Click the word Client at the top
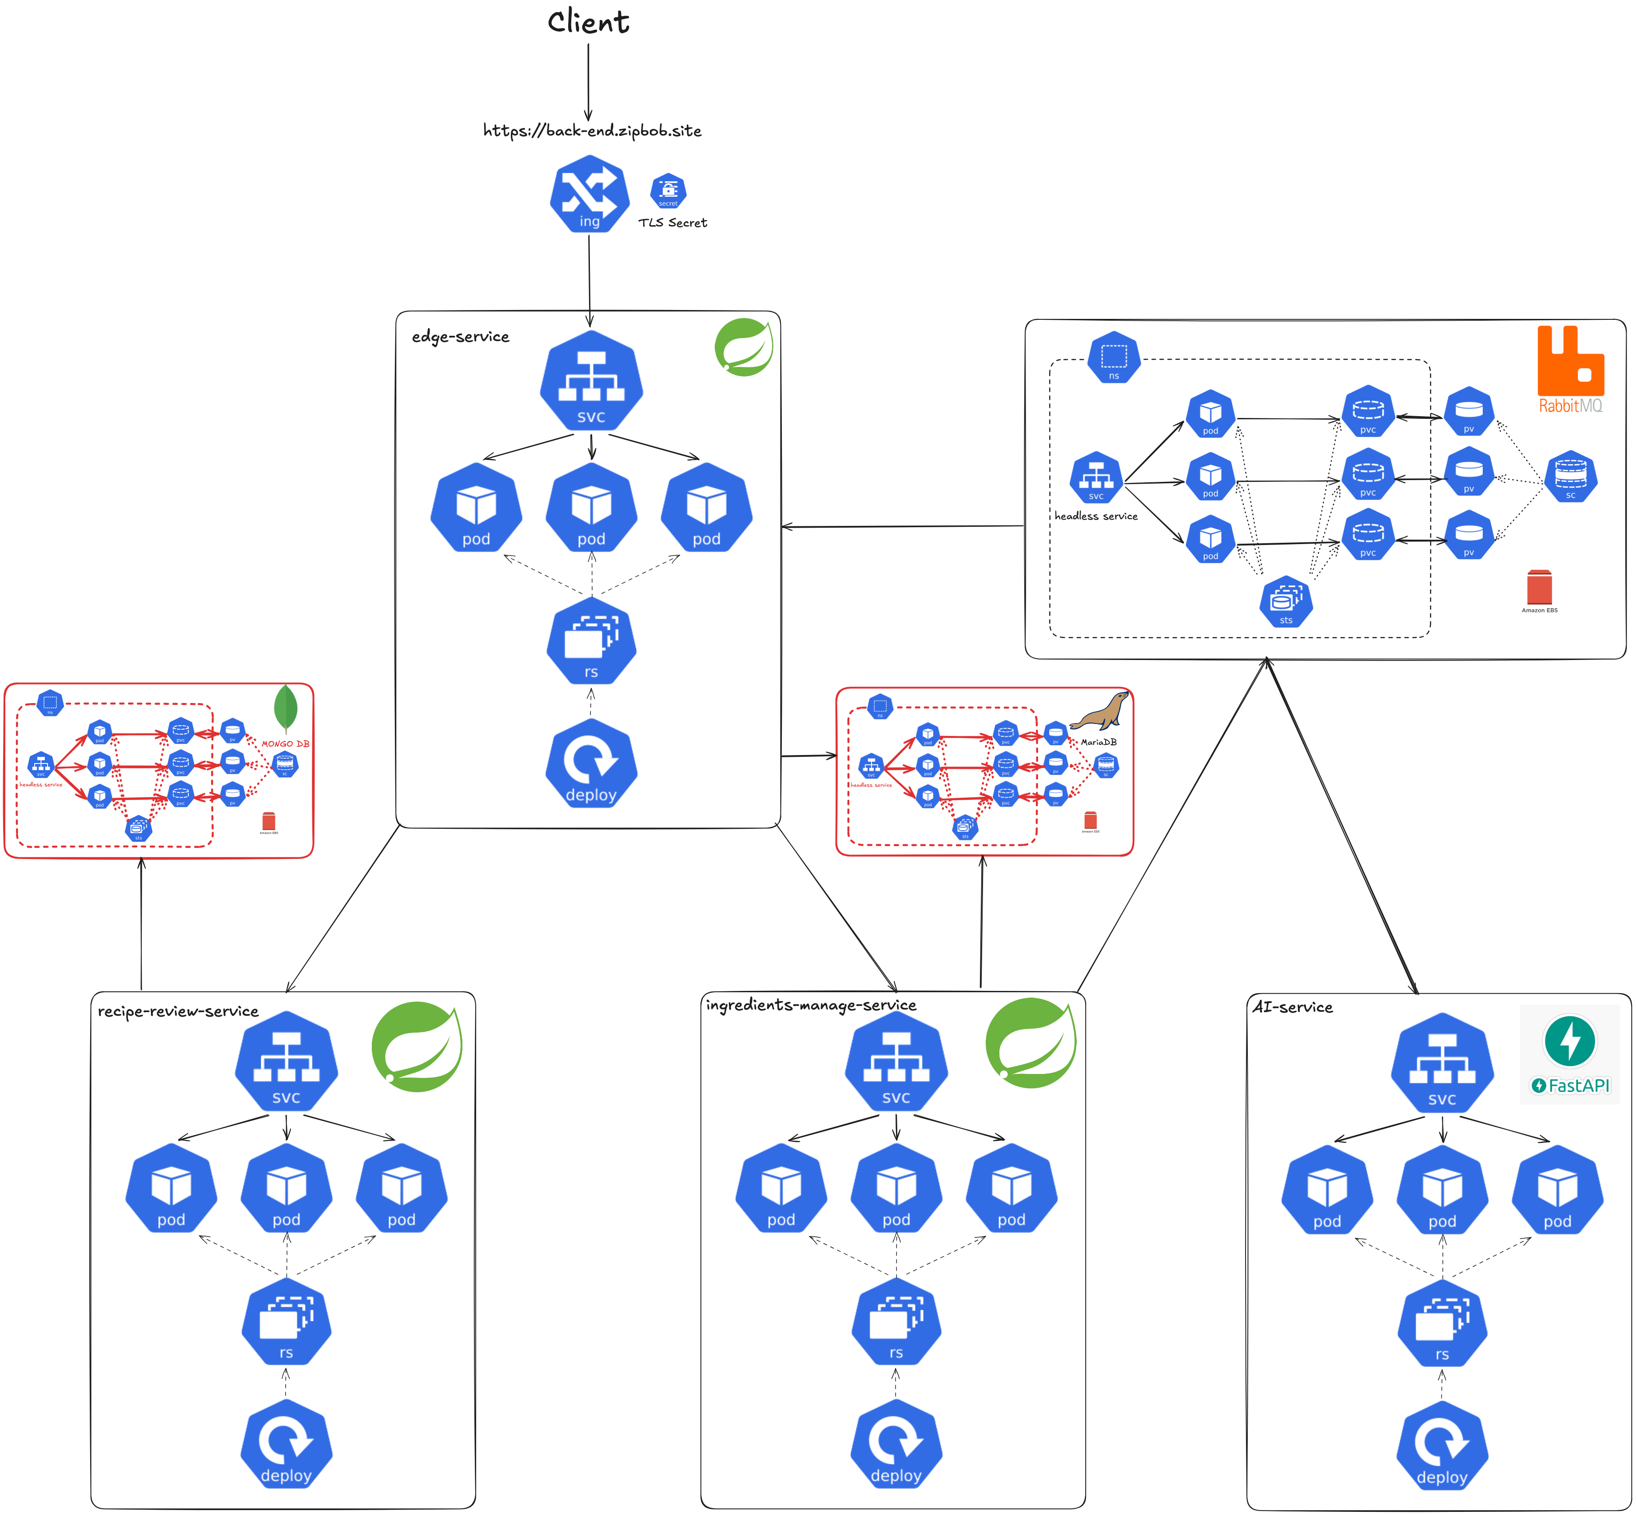point(588,22)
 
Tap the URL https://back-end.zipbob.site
point(592,130)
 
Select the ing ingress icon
point(589,194)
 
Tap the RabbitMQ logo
point(1569,369)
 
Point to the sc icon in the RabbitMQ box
point(1570,476)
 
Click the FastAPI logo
point(1569,1054)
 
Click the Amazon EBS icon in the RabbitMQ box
point(1539,588)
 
